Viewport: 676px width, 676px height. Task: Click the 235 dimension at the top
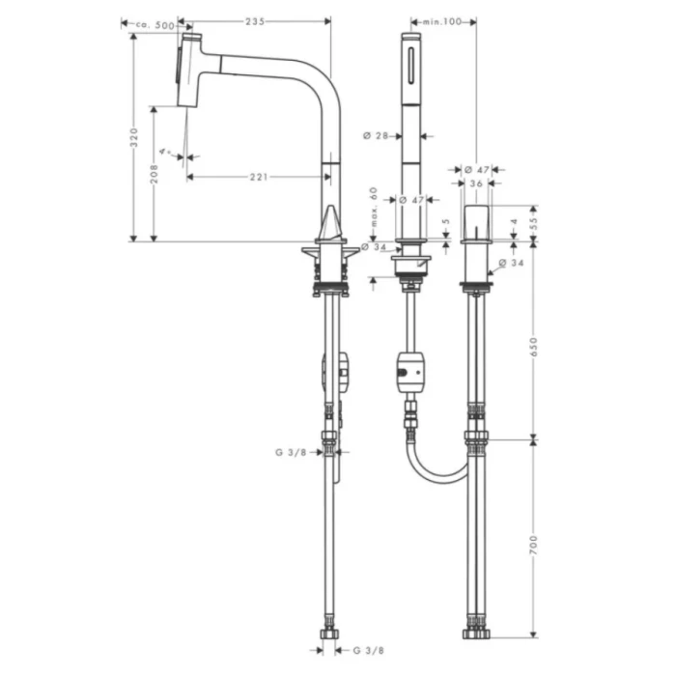(256, 21)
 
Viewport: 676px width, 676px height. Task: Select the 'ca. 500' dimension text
(154, 23)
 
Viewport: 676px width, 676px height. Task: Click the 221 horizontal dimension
(257, 177)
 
